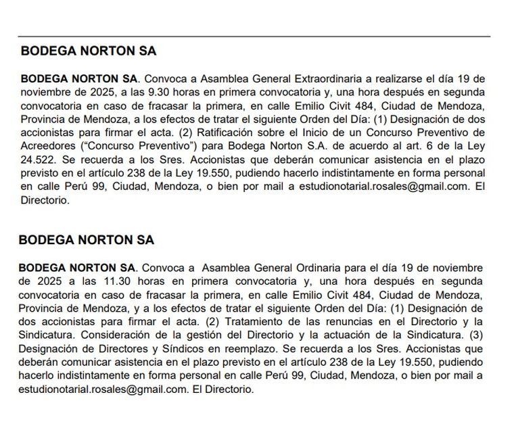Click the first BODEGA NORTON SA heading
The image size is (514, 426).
coord(88,51)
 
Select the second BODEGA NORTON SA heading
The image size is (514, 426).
coord(87,240)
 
